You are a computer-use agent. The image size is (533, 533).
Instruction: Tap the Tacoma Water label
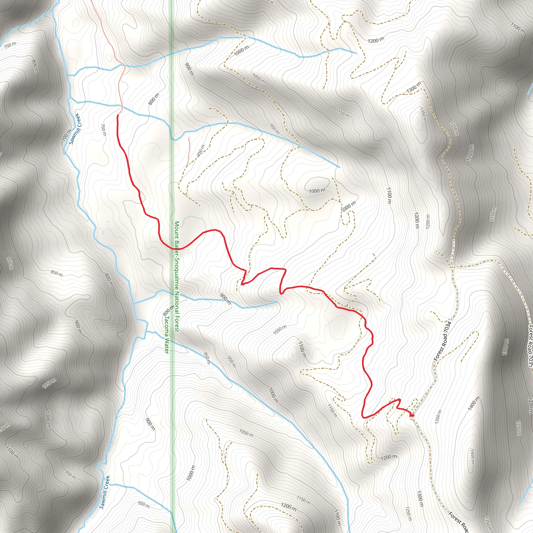point(166,334)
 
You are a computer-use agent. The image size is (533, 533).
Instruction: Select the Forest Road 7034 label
point(442,341)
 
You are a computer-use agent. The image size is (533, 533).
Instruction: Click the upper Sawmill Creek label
point(75,129)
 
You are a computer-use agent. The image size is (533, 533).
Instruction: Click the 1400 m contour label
point(474,403)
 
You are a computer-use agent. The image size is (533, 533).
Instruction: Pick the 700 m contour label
point(66,135)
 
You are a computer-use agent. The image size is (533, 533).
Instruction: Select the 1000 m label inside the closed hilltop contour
point(317,191)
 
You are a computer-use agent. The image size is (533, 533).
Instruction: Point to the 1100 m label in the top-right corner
point(518,28)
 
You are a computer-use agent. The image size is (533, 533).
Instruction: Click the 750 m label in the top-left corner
point(10,45)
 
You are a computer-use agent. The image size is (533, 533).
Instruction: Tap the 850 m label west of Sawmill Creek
point(56,273)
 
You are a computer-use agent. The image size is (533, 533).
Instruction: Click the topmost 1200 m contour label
point(376,40)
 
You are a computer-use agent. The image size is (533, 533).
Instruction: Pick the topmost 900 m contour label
point(189,69)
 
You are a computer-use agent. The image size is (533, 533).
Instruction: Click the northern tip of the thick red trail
point(118,115)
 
